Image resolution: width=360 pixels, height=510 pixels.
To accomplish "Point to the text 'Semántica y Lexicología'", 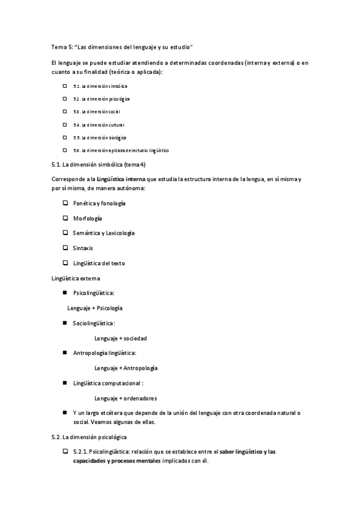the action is (x=104, y=233).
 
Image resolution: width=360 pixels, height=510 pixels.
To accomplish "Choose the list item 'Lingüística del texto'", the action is (x=99, y=263).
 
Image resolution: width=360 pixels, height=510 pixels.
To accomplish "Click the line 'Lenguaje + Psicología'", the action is (x=95, y=308).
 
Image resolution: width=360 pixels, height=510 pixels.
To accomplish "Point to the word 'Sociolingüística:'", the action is (x=94, y=323).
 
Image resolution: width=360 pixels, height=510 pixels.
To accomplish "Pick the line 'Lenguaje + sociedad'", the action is (x=121, y=338).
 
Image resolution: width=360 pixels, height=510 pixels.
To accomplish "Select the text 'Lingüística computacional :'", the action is (x=109, y=383).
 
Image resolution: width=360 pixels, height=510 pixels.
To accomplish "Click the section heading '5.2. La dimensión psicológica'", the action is (x=90, y=436).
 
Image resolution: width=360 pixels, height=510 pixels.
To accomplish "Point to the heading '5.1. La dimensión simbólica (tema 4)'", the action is (x=99, y=164).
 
